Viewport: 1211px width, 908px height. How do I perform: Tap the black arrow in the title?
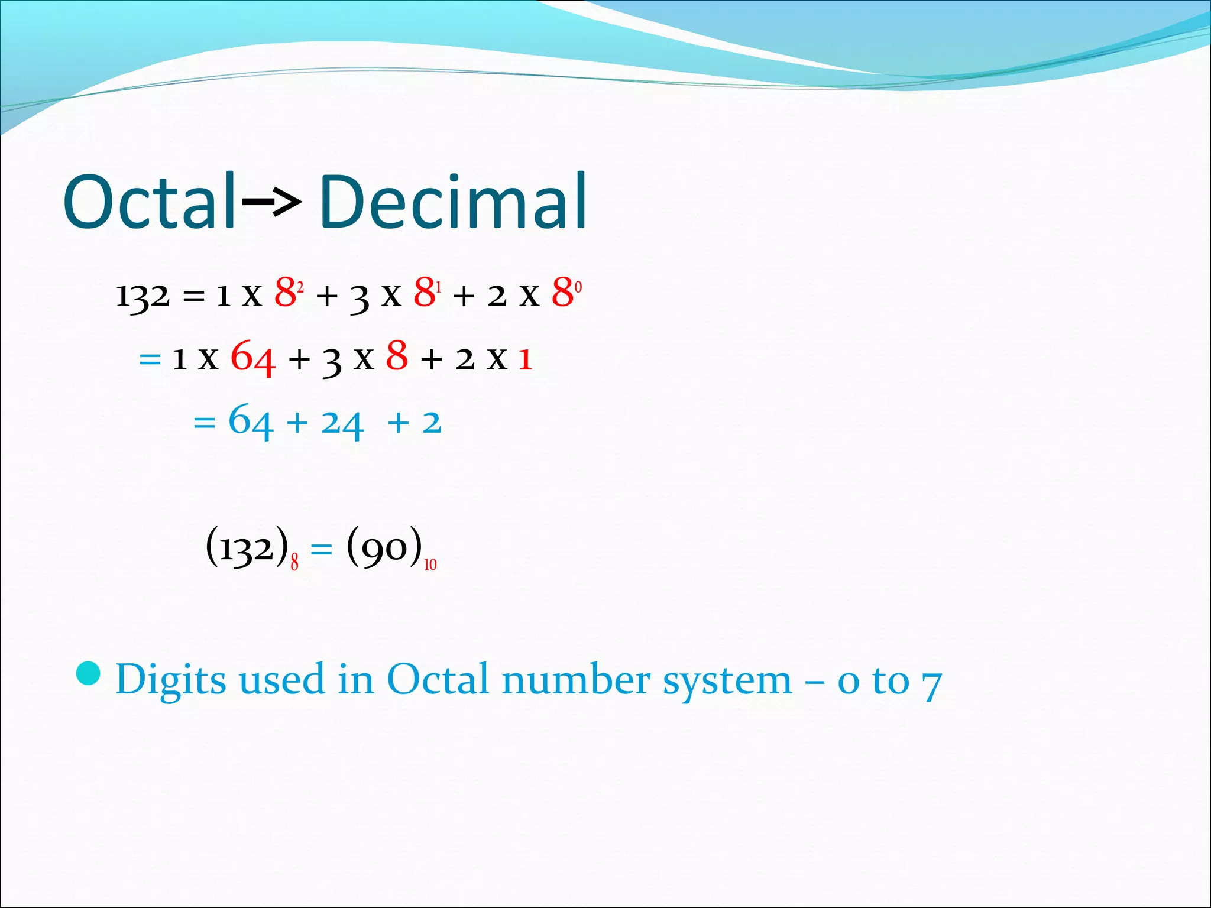(271, 203)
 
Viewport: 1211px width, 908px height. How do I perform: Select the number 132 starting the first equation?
(143, 295)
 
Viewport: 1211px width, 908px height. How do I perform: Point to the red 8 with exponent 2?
(286, 292)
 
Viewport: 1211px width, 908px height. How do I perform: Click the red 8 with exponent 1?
(425, 292)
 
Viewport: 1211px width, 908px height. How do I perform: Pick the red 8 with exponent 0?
(563, 292)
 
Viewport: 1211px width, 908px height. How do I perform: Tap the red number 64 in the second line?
(252, 358)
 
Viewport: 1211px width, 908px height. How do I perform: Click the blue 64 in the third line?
(251, 421)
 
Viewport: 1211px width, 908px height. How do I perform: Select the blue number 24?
(342, 423)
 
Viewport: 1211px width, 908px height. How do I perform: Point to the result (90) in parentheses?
(385, 547)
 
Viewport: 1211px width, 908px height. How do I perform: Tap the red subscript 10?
(430, 565)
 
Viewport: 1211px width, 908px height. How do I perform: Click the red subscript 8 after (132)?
(294, 563)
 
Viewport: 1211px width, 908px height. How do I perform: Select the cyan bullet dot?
(89, 674)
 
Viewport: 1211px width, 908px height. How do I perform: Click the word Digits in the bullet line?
(171, 680)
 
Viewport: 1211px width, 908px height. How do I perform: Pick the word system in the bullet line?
(727, 681)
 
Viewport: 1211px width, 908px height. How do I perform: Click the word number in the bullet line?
(577, 680)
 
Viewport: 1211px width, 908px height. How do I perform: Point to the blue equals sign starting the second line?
(150, 359)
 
